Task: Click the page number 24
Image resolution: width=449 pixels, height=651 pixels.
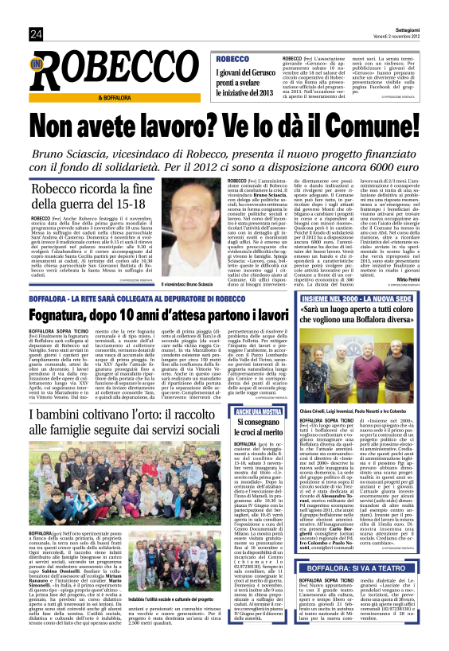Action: click(x=36, y=33)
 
